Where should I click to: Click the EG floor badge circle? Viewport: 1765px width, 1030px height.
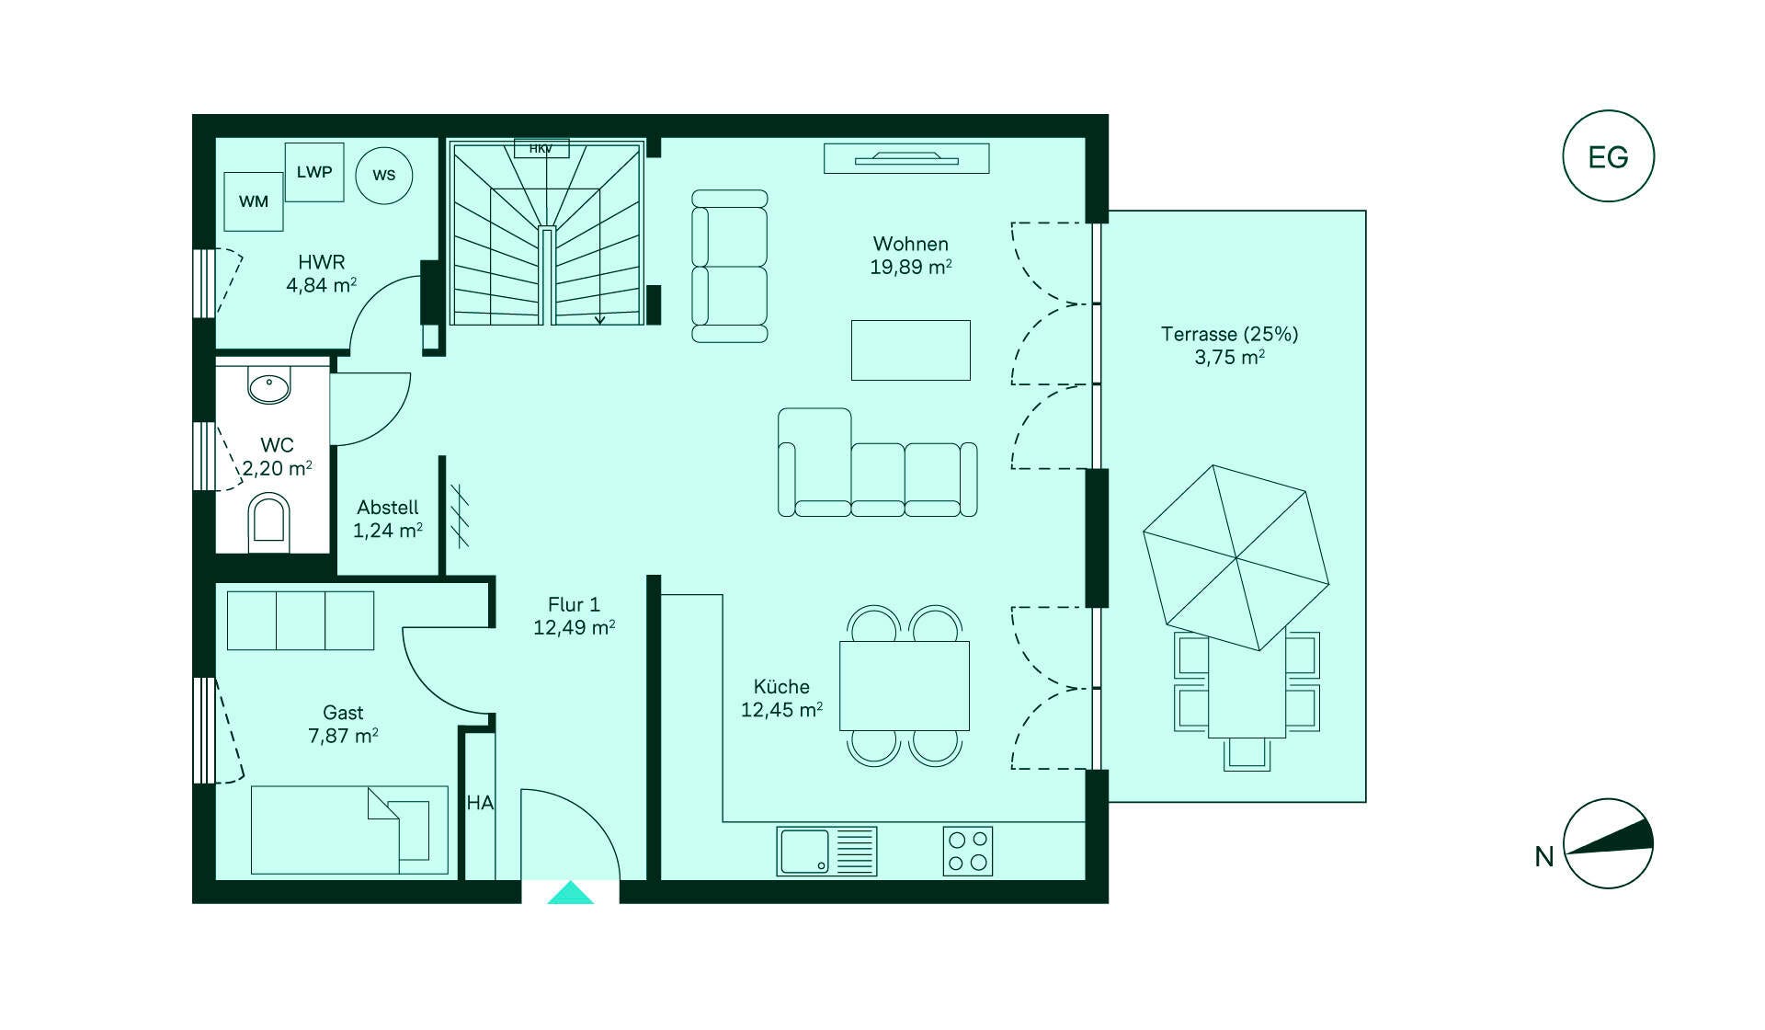pos(1608,156)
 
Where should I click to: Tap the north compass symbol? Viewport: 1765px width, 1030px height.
pos(1608,843)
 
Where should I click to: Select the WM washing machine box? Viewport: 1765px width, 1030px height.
pos(254,201)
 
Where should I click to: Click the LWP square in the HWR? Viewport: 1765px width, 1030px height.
pos(314,172)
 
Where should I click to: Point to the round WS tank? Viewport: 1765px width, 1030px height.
pos(383,175)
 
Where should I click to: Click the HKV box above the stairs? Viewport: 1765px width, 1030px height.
pos(541,148)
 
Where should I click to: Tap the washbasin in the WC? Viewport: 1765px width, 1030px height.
pos(269,387)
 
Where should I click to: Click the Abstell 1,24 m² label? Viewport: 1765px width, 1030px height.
pos(388,519)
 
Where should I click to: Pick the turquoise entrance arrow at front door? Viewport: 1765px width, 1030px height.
pos(571,893)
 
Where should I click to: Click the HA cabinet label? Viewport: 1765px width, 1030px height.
pos(479,803)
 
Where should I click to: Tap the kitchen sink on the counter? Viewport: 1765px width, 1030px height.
pos(805,851)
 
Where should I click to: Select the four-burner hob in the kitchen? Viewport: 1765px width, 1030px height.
pos(968,851)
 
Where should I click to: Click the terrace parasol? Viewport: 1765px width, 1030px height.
pos(1236,557)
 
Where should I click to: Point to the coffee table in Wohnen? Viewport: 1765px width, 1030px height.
pos(910,349)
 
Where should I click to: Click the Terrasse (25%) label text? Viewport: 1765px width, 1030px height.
pos(1229,334)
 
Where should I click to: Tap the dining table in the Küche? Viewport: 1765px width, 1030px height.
pos(904,686)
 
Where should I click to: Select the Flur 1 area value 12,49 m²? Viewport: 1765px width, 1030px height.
pos(574,628)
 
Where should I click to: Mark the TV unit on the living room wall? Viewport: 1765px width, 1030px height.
pos(906,158)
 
